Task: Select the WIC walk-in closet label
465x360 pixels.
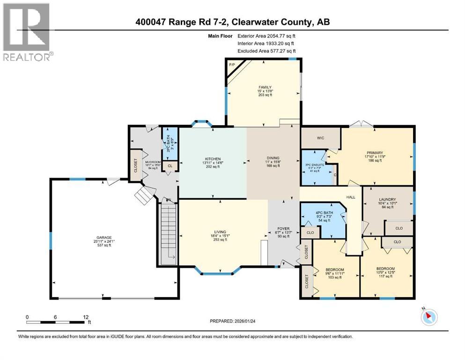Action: pyautogui.click(x=320, y=138)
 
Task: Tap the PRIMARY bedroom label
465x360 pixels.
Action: pyautogui.click(x=375, y=152)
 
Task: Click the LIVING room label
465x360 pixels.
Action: pyautogui.click(x=220, y=232)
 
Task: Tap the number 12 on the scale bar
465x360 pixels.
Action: pyautogui.click(x=86, y=316)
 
